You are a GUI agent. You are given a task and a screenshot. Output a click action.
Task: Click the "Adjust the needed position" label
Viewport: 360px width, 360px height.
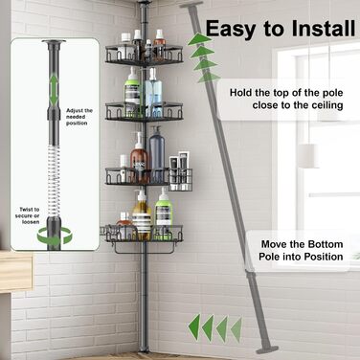point(79,117)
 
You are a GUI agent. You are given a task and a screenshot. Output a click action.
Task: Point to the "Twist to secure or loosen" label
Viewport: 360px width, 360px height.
point(29,215)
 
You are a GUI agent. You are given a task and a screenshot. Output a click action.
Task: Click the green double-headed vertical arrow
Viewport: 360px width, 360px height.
point(54,90)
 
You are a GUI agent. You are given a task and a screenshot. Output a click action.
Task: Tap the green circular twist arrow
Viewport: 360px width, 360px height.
point(55,237)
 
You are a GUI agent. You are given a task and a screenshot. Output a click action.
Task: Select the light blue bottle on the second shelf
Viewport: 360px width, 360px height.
point(153,92)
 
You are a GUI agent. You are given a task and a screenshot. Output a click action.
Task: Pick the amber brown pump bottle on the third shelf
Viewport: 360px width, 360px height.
point(139,157)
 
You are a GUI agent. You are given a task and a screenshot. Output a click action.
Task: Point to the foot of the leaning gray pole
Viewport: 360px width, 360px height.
point(267,349)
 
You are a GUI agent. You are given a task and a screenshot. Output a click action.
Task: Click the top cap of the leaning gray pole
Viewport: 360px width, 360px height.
point(191,5)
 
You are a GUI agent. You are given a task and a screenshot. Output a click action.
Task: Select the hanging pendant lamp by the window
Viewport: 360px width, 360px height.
point(308,156)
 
